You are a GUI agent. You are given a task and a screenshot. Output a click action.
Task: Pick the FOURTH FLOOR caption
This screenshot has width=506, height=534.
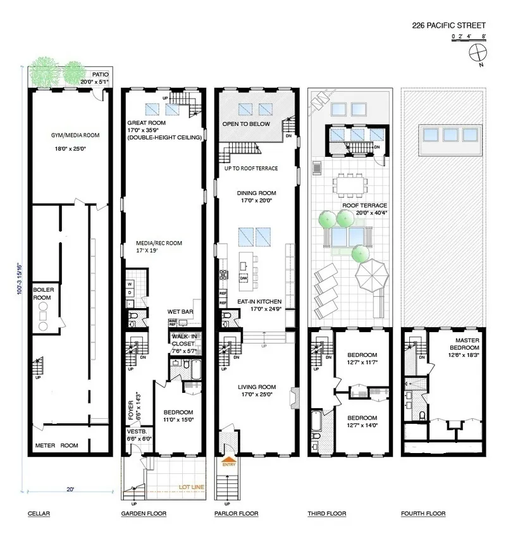(x=423, y=514)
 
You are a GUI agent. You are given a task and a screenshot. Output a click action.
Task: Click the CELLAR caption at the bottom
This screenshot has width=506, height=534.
(x=39, y=514)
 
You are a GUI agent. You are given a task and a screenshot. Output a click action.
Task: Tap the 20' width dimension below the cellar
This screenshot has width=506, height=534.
(x=68, y=488)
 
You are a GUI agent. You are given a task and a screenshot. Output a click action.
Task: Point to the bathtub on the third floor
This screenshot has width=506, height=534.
(x=316, y=421)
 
